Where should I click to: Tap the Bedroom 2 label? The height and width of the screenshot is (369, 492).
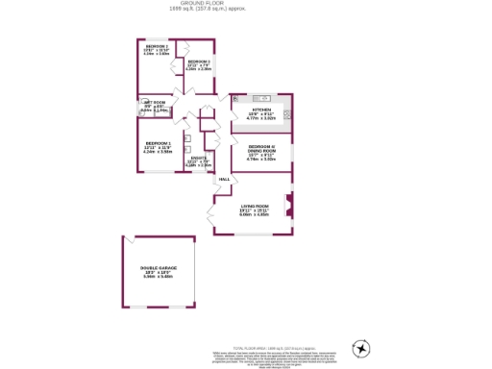coord(156,47)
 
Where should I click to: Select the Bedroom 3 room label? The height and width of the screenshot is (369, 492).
coord(199,62)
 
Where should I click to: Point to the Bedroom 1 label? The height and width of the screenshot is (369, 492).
coord(157,144)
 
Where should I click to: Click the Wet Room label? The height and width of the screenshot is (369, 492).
coord(155,103)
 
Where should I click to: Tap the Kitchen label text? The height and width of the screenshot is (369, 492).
coord(261,111)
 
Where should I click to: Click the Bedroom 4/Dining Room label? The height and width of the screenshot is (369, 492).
coord(261,147)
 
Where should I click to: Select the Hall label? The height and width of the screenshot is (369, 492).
coord(224,180)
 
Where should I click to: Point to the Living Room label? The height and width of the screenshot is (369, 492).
coord(254,207)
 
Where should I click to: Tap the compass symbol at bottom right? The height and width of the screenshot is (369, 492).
coord(360,348)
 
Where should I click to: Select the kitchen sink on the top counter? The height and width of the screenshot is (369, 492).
coord(260,98)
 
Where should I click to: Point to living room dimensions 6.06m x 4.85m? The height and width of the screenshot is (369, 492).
coord(254,215)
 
